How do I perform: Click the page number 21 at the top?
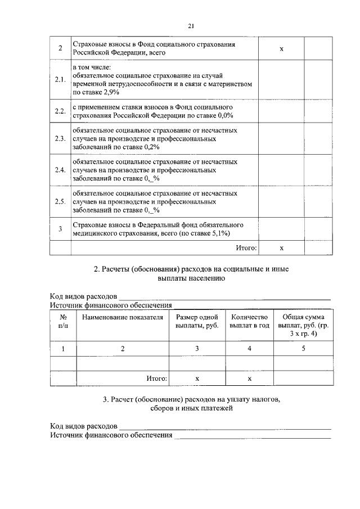(191, 26)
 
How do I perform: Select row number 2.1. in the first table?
(60, 79)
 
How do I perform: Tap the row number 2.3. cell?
(60, 138)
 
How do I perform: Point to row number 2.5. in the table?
(60, 201)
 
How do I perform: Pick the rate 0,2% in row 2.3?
(148, 146)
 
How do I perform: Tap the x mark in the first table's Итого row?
(281, 247)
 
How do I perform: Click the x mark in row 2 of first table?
(281, 49)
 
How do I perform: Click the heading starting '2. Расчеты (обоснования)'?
(191, 274)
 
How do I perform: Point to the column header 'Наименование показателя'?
(123, 318)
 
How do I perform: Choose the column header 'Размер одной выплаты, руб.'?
(197, 321)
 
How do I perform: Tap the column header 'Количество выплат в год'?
(249, 321)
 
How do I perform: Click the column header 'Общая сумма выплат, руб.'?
(302, 326)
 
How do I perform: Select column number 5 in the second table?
(303, 349)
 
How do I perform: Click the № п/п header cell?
(63, 321)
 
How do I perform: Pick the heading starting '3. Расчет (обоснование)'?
(191, 404)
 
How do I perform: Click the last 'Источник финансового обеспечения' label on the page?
(111, 435)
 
